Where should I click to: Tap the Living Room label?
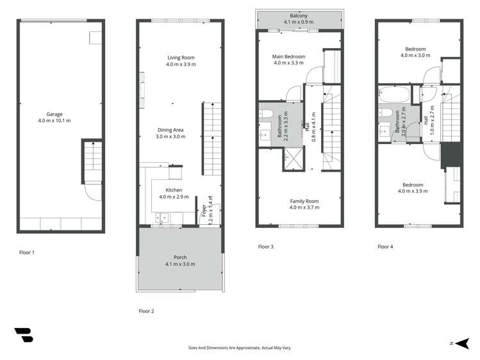pos(180,61)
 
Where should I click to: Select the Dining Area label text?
pos(170,133)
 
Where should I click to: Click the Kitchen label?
pos(174,193)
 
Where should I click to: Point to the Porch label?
pos(180,260)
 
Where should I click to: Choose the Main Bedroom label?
pos(289,60)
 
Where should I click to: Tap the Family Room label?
pos(304,204)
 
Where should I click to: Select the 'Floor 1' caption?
pos(26,252)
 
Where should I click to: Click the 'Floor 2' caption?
pos(146,311)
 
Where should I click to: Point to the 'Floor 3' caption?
pos(265,247)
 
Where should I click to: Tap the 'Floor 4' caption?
pos(385,247)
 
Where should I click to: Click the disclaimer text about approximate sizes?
pos(240,348)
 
